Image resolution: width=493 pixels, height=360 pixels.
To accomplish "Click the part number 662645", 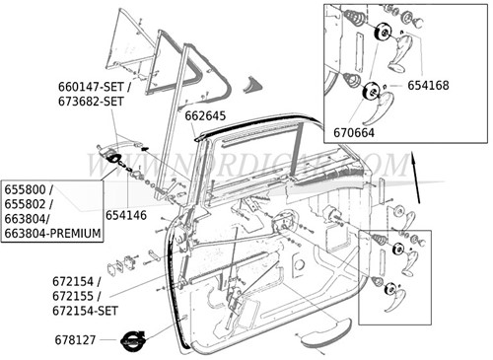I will click(206, 115).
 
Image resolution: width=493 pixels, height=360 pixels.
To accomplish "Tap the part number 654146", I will click(126, 213).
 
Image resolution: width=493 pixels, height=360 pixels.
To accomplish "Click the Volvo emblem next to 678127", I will click(132, 339).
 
